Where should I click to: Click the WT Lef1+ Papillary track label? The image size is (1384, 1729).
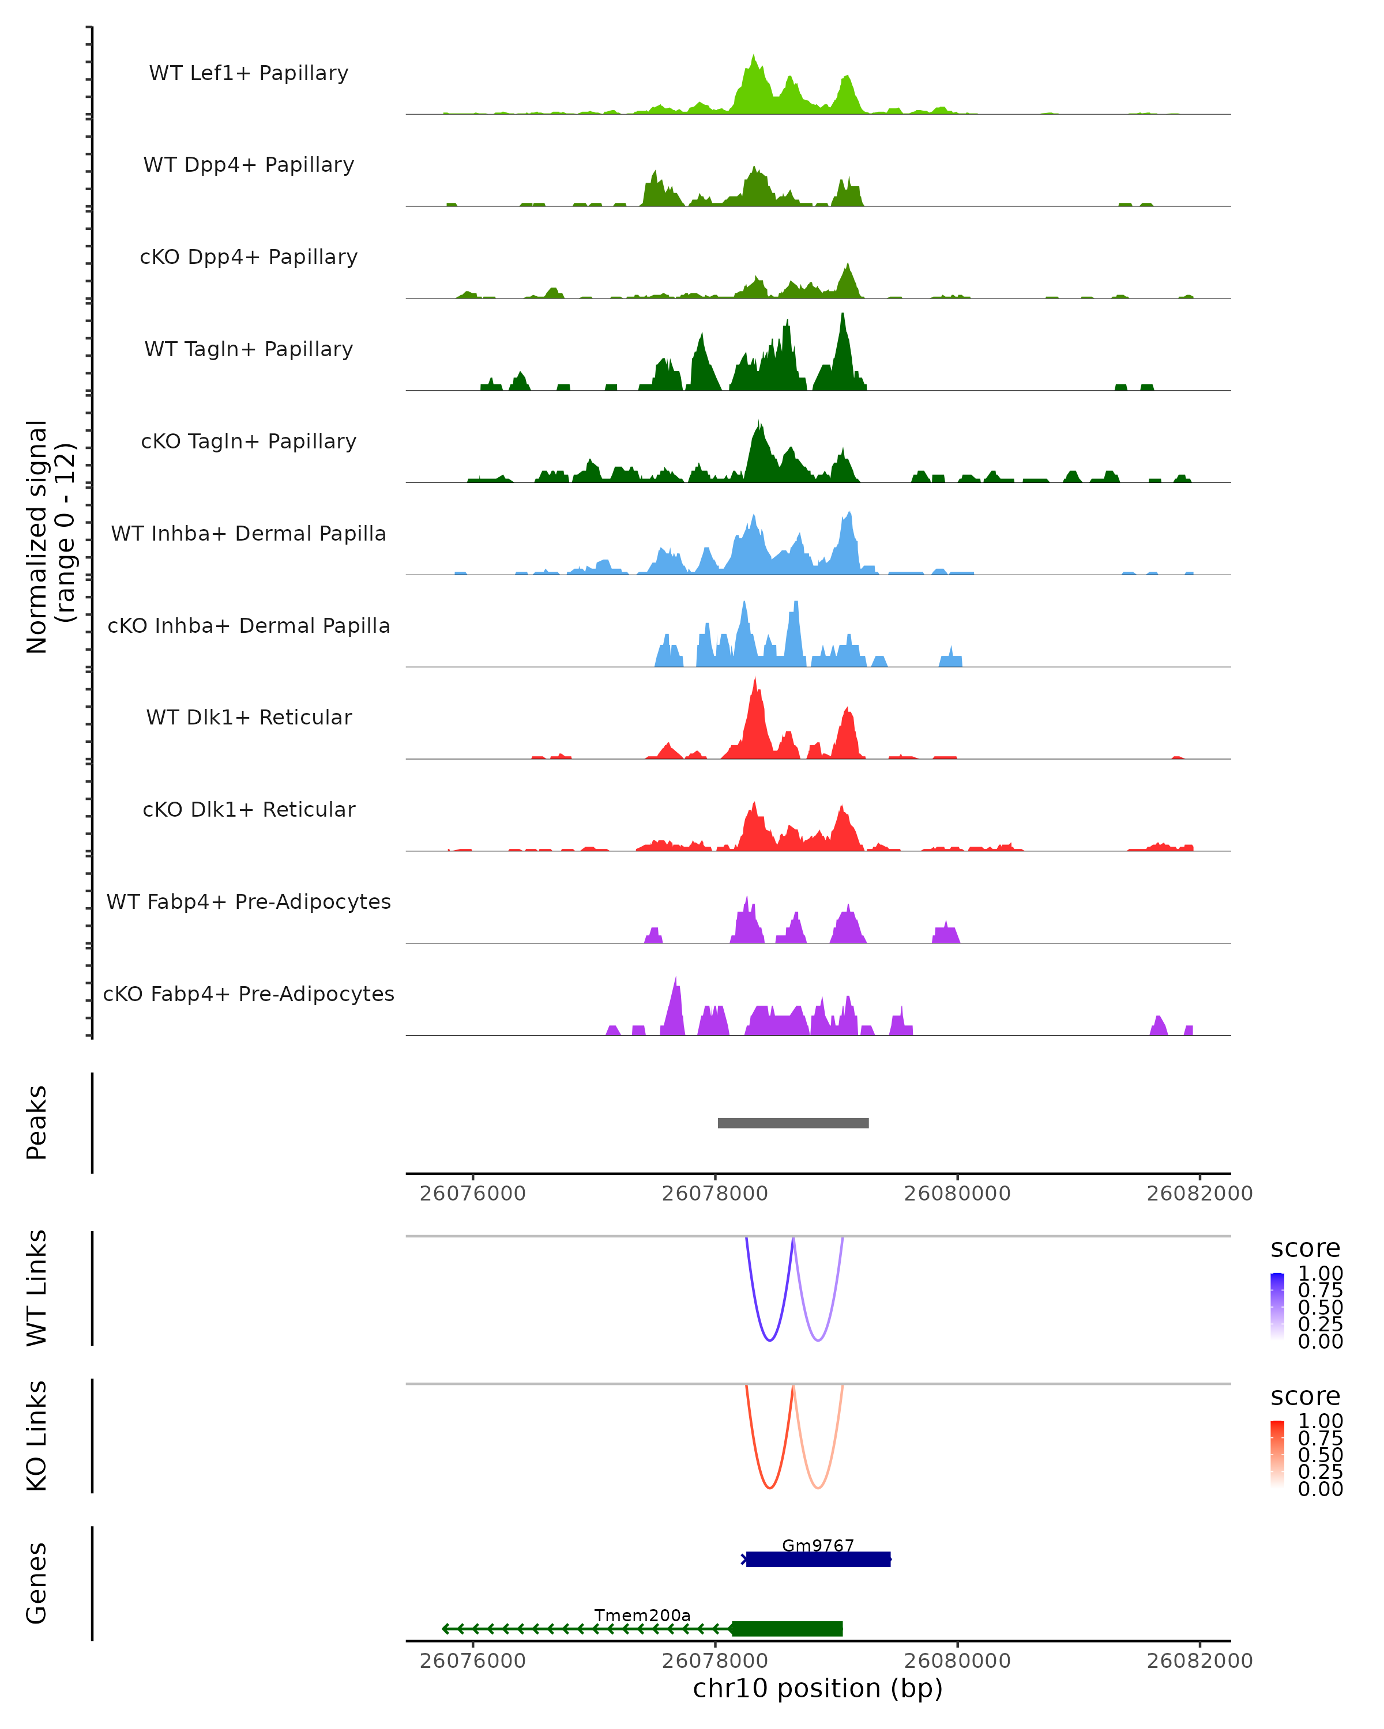249,73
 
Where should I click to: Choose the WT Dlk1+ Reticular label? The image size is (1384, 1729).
249,717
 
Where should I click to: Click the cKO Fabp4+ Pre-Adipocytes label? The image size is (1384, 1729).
249,994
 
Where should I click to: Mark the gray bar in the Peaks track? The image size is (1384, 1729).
793,1123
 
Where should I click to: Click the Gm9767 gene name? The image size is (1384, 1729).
818,1545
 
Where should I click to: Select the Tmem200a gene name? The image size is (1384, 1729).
642,1615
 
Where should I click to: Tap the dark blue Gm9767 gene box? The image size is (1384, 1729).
818,1559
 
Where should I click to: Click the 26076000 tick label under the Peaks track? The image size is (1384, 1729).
472,1194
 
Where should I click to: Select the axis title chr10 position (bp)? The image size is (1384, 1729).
818,1688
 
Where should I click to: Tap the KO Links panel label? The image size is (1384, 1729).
37,1436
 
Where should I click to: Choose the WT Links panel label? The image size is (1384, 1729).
37,1288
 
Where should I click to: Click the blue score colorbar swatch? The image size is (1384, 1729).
1277,1307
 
